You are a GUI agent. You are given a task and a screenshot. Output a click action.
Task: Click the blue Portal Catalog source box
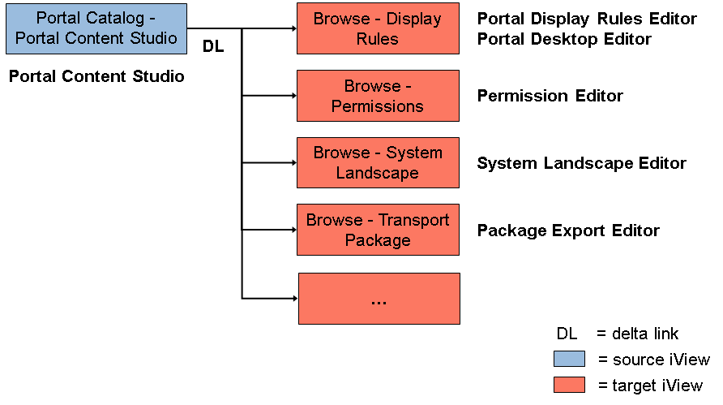[x=96, y=28]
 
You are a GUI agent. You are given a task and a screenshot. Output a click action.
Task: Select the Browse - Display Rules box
[x=378, y=28]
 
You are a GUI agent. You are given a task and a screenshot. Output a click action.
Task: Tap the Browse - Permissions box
[x=378, y=96]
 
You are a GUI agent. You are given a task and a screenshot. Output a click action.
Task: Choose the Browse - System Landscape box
[x=378, y=162]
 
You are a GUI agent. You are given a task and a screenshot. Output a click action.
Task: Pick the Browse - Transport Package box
[x=378, y=230]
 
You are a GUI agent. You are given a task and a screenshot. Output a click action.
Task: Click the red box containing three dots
[x=379, y=299]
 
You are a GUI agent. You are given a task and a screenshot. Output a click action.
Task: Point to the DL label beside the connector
[x=213, y=46]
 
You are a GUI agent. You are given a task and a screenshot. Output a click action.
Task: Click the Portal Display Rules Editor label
[x=587, y=19]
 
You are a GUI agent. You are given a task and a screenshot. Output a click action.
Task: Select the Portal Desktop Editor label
[x=564, y=39]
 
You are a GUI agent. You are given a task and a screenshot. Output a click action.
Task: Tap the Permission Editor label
[x=550, y=96]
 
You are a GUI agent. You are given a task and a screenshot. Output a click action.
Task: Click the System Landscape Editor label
[x=582, y=163]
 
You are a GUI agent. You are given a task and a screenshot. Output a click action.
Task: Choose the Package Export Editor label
[x=568, y=231]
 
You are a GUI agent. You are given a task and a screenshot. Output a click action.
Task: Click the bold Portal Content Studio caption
[x=96, y=76]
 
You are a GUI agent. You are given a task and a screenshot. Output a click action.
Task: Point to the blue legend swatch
[x=570, y=359]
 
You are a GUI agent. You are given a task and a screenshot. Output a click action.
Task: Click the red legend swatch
[x=570, y=385]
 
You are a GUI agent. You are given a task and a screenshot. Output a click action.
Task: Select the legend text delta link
[x=645, y=334]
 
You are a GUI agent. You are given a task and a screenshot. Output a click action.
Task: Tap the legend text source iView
[x=661, y=360]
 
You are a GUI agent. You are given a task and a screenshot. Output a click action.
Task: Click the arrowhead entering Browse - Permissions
[x=294, y=96]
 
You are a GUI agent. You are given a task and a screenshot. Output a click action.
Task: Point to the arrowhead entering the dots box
[x=296, y=299]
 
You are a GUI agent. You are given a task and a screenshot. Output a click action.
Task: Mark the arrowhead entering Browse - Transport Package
[x=294, y=230]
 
